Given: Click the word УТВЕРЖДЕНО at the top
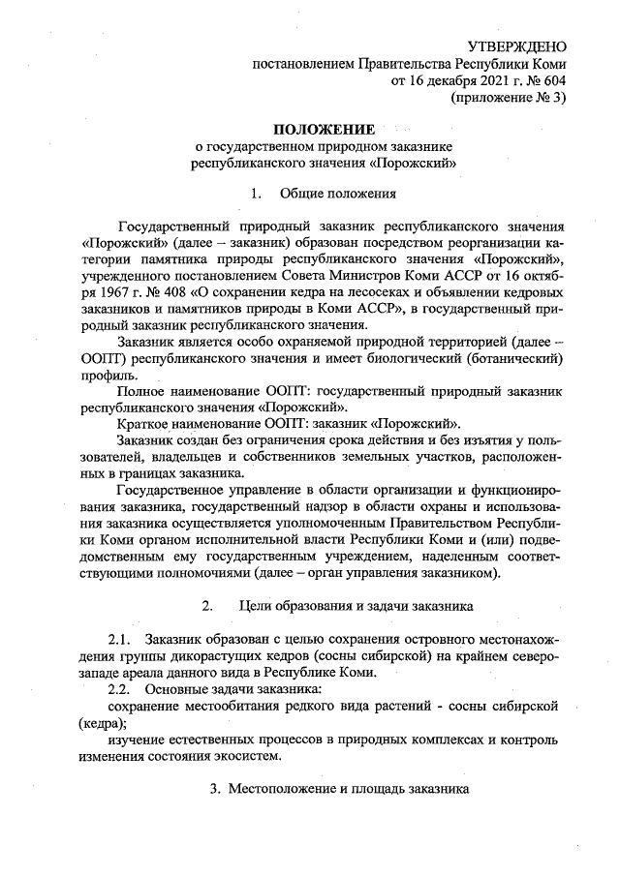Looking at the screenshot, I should [x=516, y=46].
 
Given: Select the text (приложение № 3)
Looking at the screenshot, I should [x=509, y=97].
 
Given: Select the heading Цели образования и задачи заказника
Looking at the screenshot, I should [x=356, y=607].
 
